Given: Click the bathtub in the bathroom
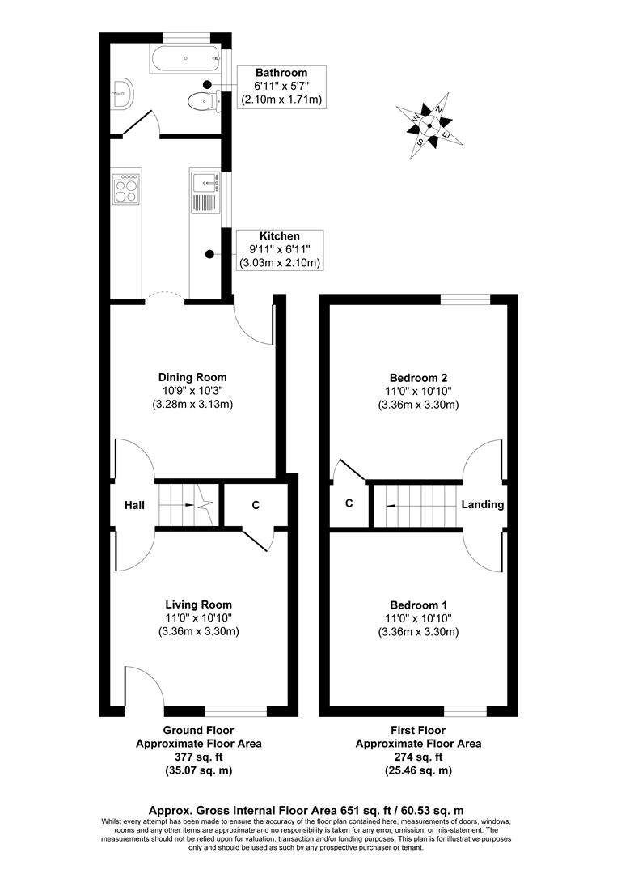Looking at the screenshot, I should click(185, 57).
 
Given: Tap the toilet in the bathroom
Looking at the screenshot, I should click(199, 101).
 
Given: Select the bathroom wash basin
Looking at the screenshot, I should click(120, 93).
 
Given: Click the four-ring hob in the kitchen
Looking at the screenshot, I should click(127, 188).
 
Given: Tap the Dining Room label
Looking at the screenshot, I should click(192, 377).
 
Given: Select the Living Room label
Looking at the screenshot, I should click(198, 605).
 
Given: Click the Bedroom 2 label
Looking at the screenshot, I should click(418, 377).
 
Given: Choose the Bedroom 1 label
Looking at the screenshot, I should click(418, 605).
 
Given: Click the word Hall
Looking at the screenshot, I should click(134, 505).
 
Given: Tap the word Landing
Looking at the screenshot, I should click(482, 504).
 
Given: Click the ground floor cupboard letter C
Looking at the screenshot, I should click(256, 506).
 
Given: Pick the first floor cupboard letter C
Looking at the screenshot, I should click(349, 503).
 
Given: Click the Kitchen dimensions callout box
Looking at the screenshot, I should click(280, 249).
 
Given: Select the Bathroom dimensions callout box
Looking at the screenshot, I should click(281, 87).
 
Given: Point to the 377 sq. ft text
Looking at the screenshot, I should click(198, 757).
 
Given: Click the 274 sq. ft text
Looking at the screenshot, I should click(418, 757).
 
